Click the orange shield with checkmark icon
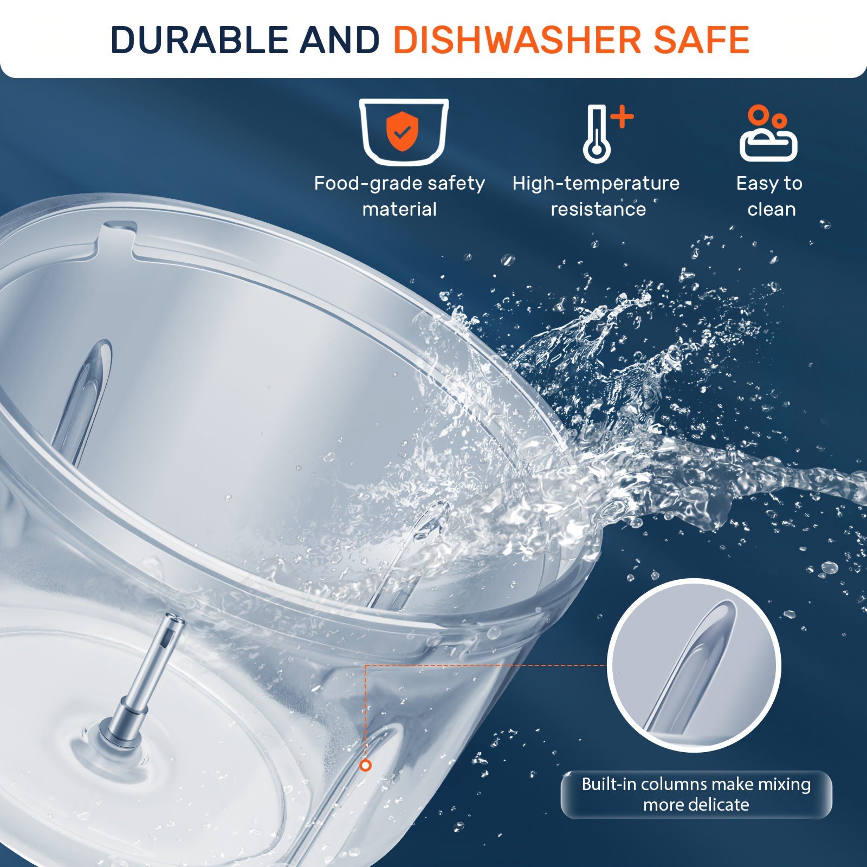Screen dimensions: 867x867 coord(401,132)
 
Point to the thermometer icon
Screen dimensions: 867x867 coord(597,134)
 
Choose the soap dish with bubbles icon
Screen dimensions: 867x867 coord(768,133)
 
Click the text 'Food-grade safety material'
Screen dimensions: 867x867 coord(399,196)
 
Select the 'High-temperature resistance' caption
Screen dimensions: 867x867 coord(596,196)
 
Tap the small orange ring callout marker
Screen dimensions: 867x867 coord(366,765)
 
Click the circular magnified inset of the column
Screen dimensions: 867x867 coord(694,665)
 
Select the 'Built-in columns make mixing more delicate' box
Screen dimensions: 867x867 coord(696,794)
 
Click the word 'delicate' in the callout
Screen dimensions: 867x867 coord(724,805)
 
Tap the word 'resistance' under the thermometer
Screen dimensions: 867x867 coord(598,209)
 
